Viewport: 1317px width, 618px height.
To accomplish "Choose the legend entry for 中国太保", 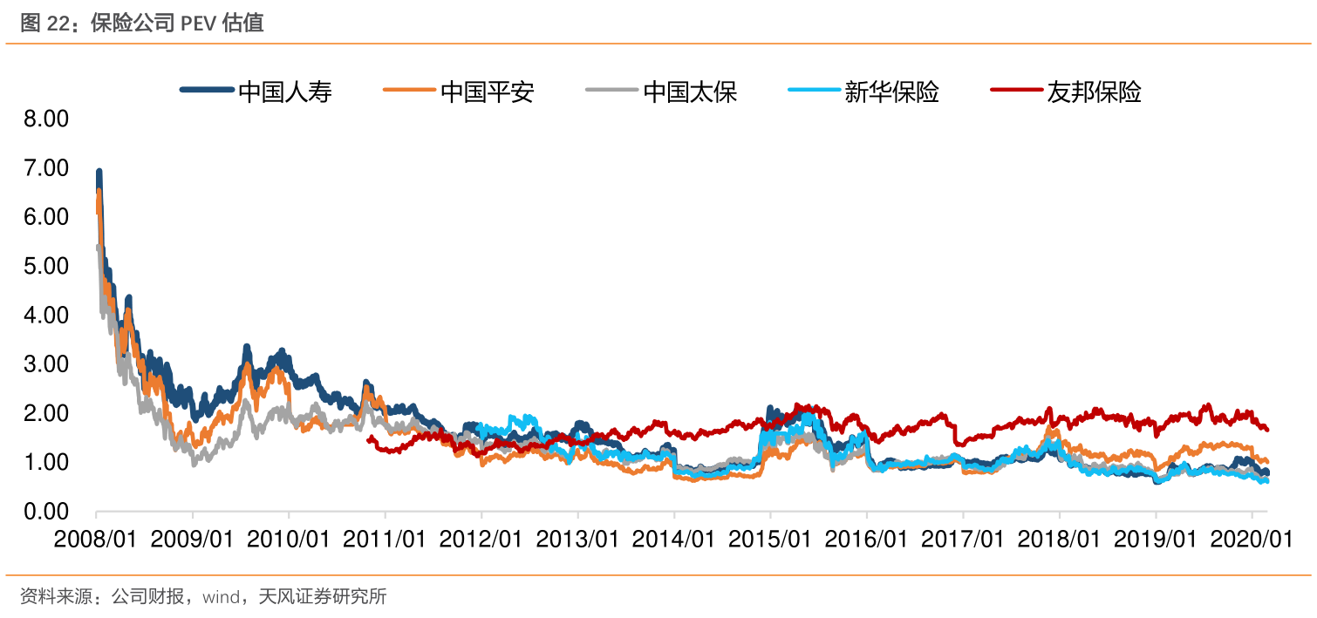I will (690, 91).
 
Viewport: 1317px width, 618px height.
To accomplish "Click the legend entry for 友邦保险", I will (1094, 91).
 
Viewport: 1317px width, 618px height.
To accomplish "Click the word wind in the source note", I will (220, 597).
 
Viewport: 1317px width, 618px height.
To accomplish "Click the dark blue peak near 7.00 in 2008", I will (99, 173).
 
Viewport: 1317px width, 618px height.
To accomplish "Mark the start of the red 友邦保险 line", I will (370, 438).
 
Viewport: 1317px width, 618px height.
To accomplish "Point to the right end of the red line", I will (1266, 429).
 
